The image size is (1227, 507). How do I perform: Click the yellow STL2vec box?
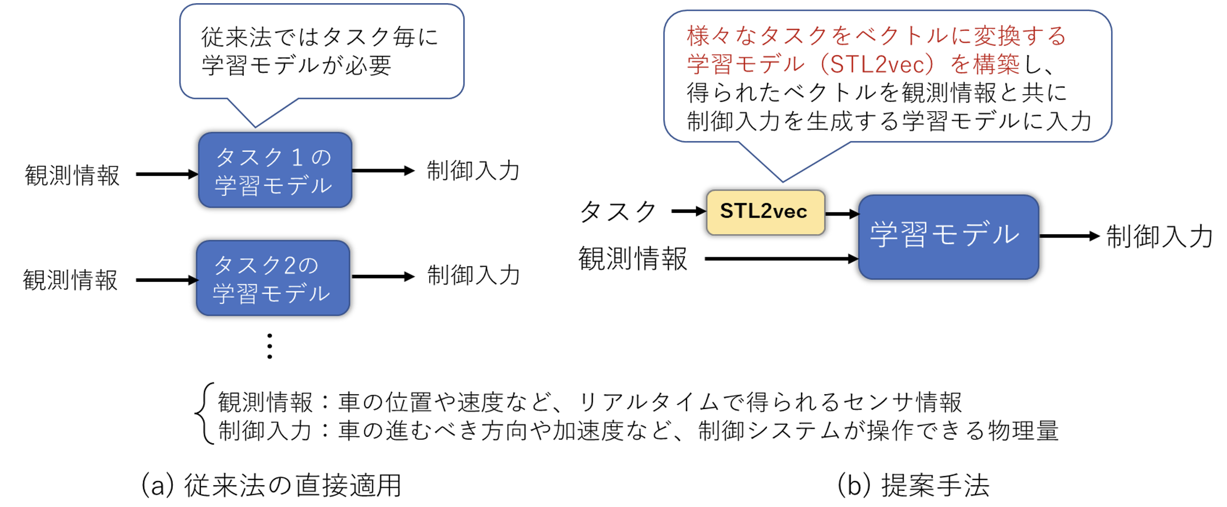point(765,212)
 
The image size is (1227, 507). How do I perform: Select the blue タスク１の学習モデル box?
point(275,170)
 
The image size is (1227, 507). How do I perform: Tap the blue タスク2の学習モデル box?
point(273,278)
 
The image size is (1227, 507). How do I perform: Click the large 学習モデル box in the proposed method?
point(948,236)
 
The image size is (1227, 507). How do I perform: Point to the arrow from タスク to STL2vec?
point(688,211)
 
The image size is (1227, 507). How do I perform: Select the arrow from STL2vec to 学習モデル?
point(842,214)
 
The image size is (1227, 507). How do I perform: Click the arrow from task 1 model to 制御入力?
point(383,171)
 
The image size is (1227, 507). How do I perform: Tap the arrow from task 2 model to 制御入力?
point(383,276)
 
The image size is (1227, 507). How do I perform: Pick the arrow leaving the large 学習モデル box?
point(1069,236)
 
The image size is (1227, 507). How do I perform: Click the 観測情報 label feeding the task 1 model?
point(72,175)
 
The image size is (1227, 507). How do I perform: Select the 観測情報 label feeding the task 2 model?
point(70,280)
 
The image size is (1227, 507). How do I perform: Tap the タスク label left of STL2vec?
point(618,212)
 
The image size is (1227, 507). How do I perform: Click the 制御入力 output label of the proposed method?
point(1159,236)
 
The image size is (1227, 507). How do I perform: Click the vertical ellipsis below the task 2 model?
point(270,346)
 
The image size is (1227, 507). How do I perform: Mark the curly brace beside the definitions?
point(205,413)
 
